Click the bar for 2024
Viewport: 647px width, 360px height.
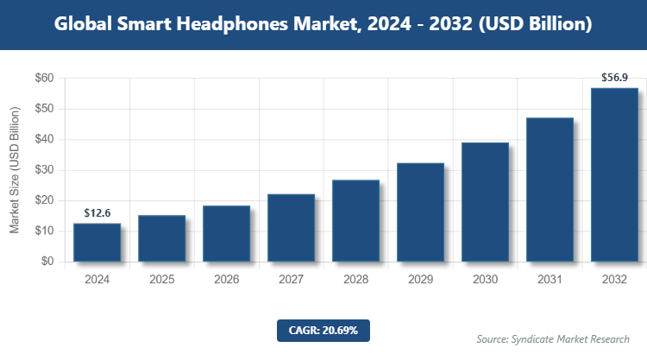[x=97, y=243]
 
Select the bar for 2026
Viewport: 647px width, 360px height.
[x=226, y=234]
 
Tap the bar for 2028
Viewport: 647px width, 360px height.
[x=355, y=221]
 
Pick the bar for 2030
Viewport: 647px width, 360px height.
[x=485, y=202]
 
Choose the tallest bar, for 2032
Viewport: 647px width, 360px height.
[x=614, y=174]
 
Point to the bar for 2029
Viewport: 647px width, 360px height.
[x=420, y=212]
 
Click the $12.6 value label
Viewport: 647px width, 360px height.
[x=97, y=212]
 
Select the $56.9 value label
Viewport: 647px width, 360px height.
[x=614, y=78]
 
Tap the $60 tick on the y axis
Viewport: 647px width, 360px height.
[x=44, y=79]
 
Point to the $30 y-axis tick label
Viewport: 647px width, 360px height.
[x=44, y=170]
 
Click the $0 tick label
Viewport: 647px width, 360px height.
[x=47, y=262]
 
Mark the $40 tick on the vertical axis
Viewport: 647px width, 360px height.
[x=44, y=140]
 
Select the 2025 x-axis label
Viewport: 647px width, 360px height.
[x=161, y=280]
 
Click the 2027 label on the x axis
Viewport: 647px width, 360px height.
[x=291, y=280]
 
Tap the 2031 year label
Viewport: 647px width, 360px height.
[x=550, y=280]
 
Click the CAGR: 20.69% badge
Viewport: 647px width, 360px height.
[x=323, y=330]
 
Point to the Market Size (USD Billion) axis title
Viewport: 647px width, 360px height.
[x=15, y=170]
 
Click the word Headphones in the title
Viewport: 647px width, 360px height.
[x=244, y=25]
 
